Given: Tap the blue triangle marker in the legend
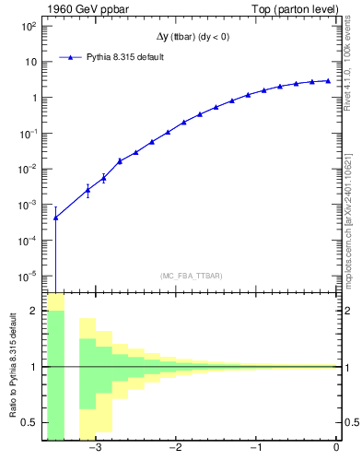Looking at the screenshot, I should click(70, 57).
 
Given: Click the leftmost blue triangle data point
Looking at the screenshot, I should click(55, 218).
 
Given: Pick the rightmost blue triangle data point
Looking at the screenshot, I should click(328, 80).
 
